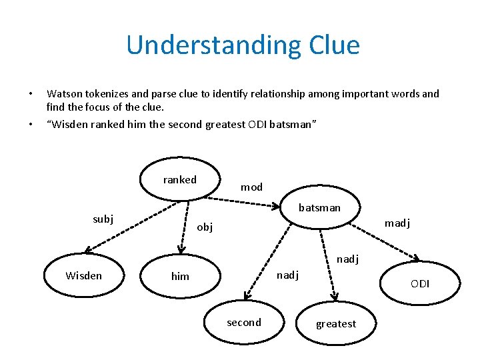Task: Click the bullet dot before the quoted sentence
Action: pos(30,125)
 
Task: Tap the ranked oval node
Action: pos(180,179)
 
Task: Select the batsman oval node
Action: pos(319,207)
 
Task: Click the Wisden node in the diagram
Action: pos(84,275)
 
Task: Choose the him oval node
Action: pos(180,276)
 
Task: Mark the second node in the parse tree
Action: pos(244,323)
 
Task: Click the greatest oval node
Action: pos(336,323)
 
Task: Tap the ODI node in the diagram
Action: pos(420,284)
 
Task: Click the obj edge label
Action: pos(205,227)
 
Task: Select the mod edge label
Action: pos(251,187)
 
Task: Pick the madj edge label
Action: pos(397,223)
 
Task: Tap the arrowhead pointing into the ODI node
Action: pos(417,259)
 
